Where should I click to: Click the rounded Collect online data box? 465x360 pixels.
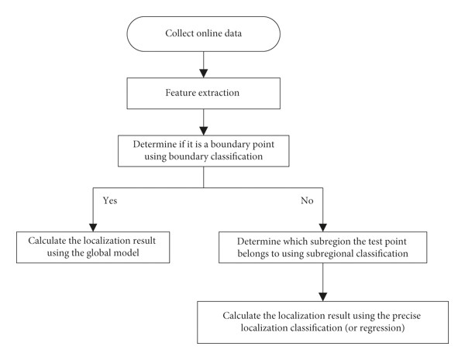pyautogui.click(x=203, y=34)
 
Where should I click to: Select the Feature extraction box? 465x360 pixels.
pyautogui.click(x=203, y=94)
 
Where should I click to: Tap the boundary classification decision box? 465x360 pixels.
pyautogui.click(x=203, y=151)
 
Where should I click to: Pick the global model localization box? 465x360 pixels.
pyautogui.click(x=93, y=248)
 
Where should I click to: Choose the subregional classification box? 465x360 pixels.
pyautogui.click(x=323, y=248)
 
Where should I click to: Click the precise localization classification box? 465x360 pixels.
pyautogui.click(x=323, y=322)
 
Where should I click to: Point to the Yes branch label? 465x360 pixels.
pyautogui.click(x=110, y=201)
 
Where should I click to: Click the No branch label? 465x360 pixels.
pyautogui.click(x=307, y=201)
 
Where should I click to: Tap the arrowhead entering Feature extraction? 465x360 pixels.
pyautogui.click(x=203, y=74)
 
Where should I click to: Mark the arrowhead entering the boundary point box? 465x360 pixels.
pyautogui.click(x=203, y=131)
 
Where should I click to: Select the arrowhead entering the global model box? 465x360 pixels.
pyautogui.click(x=93, y=228)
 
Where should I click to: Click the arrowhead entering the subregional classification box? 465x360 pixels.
pyautogui.click(x=323, y=228)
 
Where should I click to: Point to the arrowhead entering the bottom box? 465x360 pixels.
pyautogui.click(x=323, y=297)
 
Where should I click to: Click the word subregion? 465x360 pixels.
pyautogui.click(x=337, y=242)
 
